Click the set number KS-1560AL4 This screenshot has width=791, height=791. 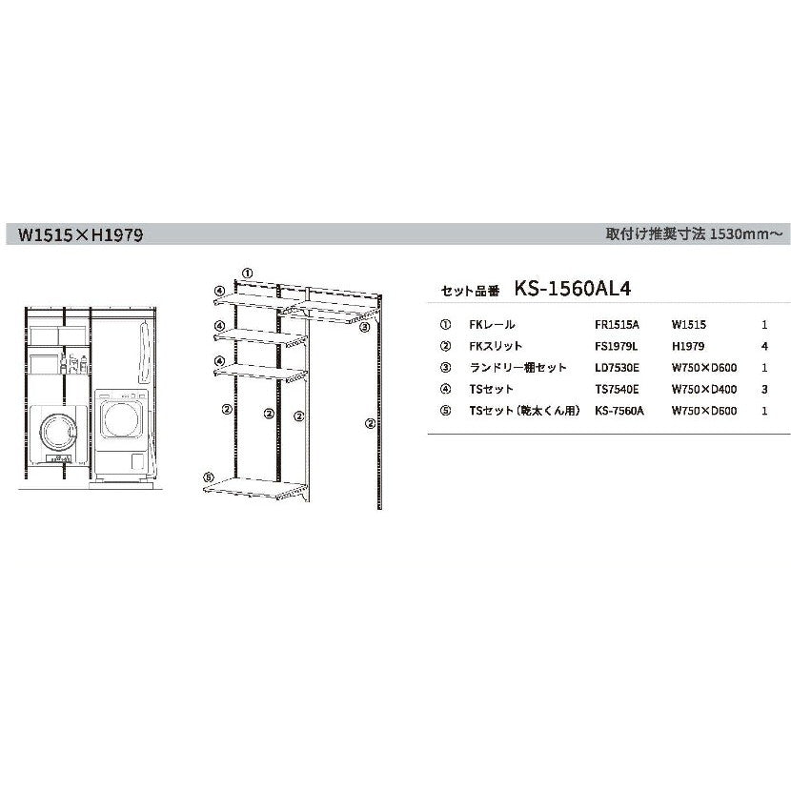tap(573, 289)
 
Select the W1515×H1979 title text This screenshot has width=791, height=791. tap(80, 234)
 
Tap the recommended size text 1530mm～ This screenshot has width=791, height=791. tap(746, 234)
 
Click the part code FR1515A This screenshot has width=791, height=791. tap(617, 324)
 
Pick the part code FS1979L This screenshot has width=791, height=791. tap(616, 346)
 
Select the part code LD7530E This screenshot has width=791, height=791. tap(617, 368)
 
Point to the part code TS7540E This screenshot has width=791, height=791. tap(617, 390)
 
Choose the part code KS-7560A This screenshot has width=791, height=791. tap(619, 411)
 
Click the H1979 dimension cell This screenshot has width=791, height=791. tap(687, 346)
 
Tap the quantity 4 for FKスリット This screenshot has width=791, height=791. tap(764, 346)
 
